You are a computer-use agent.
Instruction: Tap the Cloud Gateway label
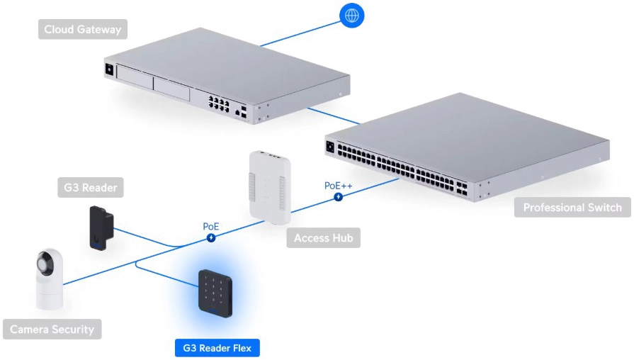[82, 29]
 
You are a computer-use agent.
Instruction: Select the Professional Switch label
[572, 208]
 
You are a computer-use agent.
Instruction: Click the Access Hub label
[323, 238]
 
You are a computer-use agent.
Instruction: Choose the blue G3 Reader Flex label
[217, 348]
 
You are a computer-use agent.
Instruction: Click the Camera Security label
[52, 330]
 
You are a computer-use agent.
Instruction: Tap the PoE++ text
[339, 186]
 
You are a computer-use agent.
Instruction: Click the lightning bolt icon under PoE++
[339, 196]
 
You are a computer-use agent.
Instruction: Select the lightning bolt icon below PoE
[211, 237]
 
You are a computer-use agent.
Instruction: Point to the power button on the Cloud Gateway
[109, 69]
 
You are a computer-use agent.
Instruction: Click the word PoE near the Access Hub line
[211, 227]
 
